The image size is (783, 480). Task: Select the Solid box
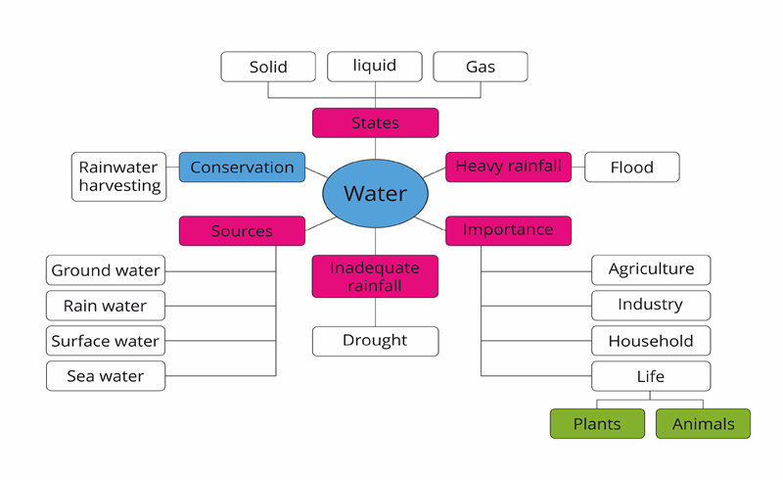pos(268,67)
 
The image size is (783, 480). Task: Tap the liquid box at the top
pos(375,66)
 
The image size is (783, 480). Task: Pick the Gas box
pos(481,67)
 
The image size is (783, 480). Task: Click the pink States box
pos(375,122)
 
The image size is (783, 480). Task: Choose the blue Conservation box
pos(242,167)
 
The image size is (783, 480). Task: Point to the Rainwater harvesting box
pos(119,176)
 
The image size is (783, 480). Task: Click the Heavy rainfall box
pos(508,167)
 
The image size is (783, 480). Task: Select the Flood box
pos(632,167)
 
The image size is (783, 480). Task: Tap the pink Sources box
pos(242,231)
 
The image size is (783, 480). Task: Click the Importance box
pos(508,230)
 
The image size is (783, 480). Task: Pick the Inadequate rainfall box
pos(375,276)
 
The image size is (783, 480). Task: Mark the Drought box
pos(375,341)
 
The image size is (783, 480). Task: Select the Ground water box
pos(106,269)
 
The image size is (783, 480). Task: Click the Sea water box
pos(106,376)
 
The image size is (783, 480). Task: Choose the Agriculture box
pos(651,269)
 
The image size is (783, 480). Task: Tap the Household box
pos(651,341)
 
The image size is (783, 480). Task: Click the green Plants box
pos(598,423)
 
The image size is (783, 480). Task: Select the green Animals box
pos(703,423)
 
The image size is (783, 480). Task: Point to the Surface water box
pos(106,341)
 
